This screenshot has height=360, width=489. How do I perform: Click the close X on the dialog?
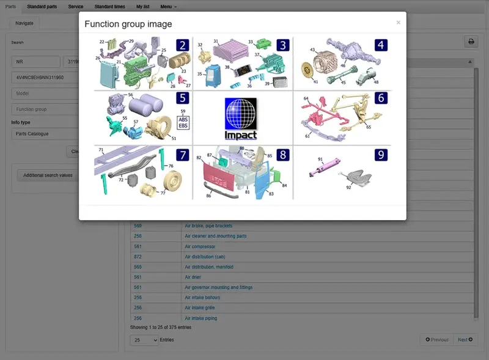[399, 23]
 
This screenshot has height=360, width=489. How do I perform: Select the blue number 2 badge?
[182, 45]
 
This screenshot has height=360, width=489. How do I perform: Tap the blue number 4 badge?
[381, 45]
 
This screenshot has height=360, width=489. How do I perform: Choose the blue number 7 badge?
[182, 154]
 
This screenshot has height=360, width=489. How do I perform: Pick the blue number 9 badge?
[381, 155]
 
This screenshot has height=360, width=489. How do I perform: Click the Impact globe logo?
[240, 118]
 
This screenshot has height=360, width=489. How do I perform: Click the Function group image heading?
[128, 24]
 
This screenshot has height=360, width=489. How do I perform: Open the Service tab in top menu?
[76, 6]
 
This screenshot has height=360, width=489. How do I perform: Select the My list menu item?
[142, 6]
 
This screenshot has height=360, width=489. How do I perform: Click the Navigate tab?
[24, 23]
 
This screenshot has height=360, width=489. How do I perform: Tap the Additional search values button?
[48, 175]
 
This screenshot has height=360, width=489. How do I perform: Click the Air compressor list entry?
[200, 246]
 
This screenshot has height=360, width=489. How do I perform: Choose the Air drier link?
[193, 277]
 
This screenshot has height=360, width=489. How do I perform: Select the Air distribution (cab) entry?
[205, 257]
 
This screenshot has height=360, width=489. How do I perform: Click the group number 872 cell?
[138, 257]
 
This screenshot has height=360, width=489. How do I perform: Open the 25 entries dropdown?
[144, 340]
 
